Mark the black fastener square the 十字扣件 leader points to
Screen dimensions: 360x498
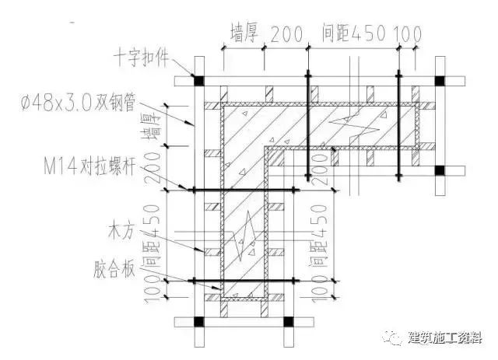[198, 80]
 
